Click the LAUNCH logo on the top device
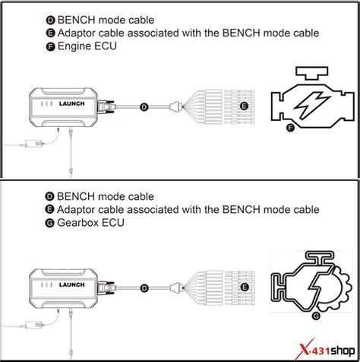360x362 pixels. (x=71, y=103)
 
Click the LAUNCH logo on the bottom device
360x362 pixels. (x=72, y=284)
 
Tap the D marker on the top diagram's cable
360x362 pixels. (x=144, y=107)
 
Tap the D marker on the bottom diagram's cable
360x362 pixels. (x=144, y=288)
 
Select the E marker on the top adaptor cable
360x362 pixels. (x=244, y=106)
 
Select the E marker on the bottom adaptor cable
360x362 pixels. (x=245, y=287)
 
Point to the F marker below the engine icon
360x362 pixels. (x=290, y=128)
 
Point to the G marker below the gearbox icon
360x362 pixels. (x=316, y=316)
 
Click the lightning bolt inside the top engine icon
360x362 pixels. (x=312, y=104)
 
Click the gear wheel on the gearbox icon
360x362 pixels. (x=340, y=289)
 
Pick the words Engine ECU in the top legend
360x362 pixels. (x=87, y=46)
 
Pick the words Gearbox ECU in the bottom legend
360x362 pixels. (x=90, y=223)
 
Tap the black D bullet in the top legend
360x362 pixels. (x=50, y=21)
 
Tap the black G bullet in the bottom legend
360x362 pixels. (x=50, y=223)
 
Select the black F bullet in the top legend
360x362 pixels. (x=50, y=46)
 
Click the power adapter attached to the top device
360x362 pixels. (x=35, y=144)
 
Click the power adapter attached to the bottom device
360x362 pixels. (x=35, y=325)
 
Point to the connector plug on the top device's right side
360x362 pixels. (x=106, y=106)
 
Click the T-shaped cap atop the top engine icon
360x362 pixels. (x=312, y=73)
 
